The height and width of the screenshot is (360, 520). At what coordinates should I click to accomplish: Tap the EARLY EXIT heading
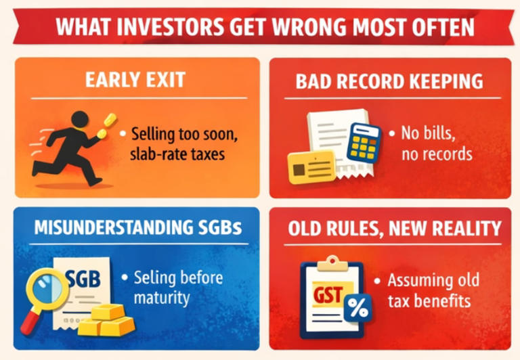(135, 81)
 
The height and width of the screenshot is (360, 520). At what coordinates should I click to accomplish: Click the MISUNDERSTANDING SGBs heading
(135, 228)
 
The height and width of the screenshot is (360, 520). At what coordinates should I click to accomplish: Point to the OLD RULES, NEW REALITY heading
(394, 228)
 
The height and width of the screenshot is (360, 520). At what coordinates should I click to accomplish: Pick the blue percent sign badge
(358, 309)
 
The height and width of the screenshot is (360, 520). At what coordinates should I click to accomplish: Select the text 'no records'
(437, 154)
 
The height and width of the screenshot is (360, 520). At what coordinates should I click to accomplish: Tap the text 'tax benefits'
(429, 300)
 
